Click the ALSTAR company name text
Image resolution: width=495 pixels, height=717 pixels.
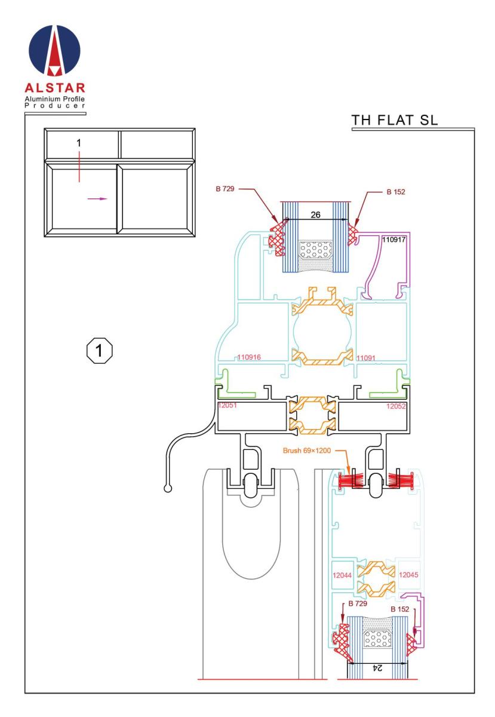click(x=55, y=88)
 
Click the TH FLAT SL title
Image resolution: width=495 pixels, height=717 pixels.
click(x=394, y=120)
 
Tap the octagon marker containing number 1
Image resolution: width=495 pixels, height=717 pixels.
click(x=100, y=351)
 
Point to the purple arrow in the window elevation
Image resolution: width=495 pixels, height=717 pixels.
click(x=97, y=199)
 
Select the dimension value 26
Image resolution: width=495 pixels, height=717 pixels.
click(x=315, y=215)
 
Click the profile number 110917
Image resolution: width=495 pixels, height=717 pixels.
click(x=394, y=240)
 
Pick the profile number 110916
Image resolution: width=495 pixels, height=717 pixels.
click(x=249, y=357)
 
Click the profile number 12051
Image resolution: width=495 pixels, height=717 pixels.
click(x=227, y=405)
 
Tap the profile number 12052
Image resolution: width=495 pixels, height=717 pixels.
click(x=396, y=406)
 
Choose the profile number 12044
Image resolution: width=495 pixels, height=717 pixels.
click(x=342, y=575)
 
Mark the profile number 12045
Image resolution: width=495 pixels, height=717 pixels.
click(x=408, y=575)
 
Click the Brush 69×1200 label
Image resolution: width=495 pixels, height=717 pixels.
click(x=306, y=451)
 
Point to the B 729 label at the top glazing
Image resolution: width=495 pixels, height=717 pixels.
click(x=225, y=189)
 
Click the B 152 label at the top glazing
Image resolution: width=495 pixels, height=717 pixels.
click(x=396, y=192)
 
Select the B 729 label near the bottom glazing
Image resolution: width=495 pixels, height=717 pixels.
click(x=358, y=603)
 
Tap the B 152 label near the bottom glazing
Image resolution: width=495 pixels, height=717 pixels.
click(x=399, y=609)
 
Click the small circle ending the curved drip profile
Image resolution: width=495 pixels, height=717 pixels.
click(x=168, y=489)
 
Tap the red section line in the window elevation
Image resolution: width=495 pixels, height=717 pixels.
click(x=79, y=167)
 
